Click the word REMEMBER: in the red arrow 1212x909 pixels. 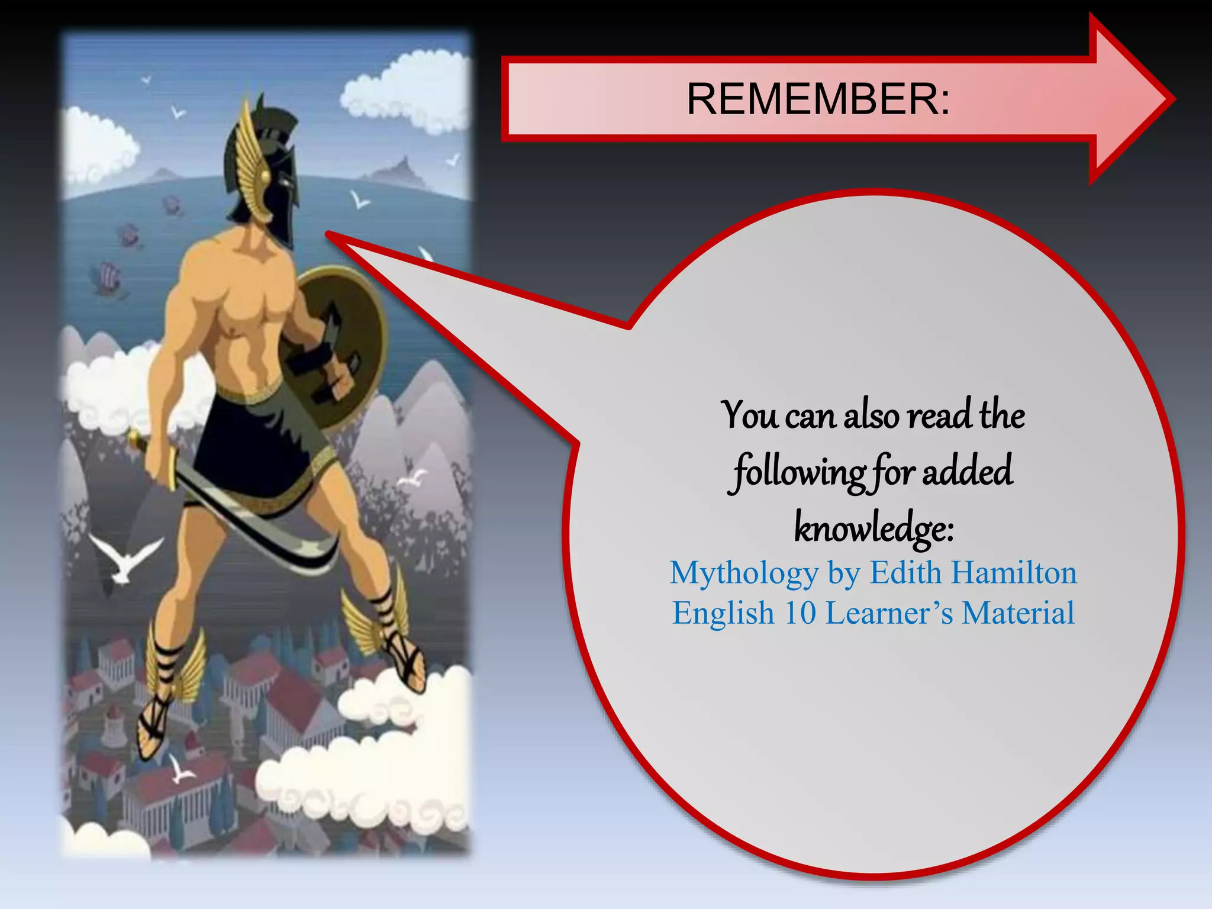tap(818, 99)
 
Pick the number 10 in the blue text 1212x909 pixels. tap(800, 613)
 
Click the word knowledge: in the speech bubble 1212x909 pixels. tap(873, 527)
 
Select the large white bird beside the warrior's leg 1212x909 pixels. tap(124, 556)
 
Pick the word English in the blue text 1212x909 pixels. tap(723, 613)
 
